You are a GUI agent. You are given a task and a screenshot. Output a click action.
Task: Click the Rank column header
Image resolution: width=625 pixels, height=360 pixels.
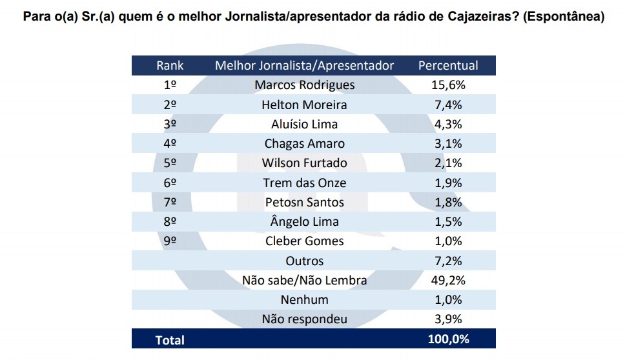[170, 66]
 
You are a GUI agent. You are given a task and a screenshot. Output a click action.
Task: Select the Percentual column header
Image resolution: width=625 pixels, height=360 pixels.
[448, 66]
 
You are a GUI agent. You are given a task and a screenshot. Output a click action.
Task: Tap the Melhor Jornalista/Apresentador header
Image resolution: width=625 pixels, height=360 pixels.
[304, 66]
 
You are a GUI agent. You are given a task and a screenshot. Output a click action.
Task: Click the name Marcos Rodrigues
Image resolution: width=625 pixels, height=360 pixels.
[304, 85]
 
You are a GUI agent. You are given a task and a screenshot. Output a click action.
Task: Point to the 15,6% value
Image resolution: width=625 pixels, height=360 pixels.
[448, 85]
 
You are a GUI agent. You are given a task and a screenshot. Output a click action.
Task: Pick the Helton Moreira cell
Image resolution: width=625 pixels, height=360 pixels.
[304, 105]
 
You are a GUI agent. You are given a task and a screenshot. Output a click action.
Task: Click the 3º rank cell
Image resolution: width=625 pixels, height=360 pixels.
[170, 125]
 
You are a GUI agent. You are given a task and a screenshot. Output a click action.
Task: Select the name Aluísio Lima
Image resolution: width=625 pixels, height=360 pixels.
[304, 125]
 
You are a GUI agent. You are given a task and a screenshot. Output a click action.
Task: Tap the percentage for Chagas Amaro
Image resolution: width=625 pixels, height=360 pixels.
[448, 144]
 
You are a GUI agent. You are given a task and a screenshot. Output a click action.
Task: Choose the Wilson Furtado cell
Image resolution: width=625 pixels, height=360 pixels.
[304, 163]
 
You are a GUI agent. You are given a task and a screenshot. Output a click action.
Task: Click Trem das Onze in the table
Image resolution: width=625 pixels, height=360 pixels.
[304, 183]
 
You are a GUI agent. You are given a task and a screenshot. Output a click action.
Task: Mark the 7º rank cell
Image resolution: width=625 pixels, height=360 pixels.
[170, 203]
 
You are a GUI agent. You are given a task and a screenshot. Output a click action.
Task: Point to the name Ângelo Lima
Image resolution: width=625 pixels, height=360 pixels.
[304, 222]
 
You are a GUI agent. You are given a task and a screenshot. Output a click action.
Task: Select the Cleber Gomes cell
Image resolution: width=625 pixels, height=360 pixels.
[304, 241]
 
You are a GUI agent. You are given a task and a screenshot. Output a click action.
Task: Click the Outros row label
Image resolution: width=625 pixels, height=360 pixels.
[304, 261]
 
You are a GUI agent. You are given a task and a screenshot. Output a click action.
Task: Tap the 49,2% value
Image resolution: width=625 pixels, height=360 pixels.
[448, 281]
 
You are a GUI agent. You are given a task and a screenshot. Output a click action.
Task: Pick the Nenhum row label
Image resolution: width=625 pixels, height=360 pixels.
[304, 300]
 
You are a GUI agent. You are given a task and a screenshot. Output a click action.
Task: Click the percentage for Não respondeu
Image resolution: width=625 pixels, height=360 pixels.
[448, 319]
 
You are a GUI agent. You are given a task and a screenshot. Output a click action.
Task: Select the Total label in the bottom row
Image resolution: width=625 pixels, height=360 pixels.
[170, 340]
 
